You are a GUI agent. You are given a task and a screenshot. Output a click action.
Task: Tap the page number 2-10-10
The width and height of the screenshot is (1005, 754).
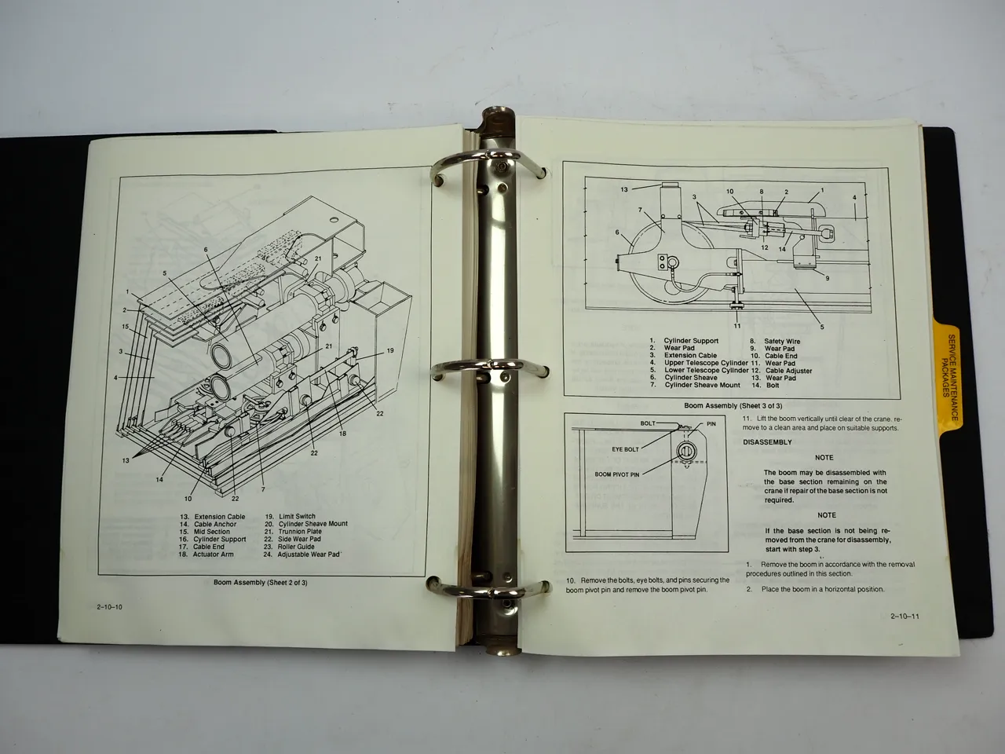tap(110, 608)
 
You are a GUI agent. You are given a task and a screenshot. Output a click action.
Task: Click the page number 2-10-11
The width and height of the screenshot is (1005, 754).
tap(904, 616)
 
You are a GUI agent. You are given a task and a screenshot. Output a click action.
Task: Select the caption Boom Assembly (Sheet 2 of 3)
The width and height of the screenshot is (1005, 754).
tap(261, 583)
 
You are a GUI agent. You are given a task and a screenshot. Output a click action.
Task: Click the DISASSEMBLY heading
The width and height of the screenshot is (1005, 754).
tap(767, 442)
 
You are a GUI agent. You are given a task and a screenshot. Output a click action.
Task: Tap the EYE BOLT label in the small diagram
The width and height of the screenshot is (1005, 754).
tap(626, 450)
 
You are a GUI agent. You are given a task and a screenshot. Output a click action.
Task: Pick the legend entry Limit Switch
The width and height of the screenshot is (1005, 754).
tap(297, 517)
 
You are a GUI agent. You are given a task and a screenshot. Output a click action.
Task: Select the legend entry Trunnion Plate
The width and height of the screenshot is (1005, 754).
tap(299, 532)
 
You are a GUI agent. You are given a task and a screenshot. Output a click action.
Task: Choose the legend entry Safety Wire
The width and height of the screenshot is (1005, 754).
tap(781, 342)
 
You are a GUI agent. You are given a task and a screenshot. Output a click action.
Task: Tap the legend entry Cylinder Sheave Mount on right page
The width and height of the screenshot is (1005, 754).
tap(702, 385)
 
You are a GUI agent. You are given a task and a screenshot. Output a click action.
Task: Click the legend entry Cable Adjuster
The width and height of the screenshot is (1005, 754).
tap(788, 371)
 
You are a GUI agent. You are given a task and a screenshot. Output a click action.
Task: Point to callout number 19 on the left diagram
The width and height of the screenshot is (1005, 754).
tap(389, 351)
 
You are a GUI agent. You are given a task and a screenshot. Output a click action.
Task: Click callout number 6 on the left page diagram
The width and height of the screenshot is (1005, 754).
tap(206, 250)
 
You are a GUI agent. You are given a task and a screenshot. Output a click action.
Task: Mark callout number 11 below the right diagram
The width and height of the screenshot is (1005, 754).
tap(737, 325)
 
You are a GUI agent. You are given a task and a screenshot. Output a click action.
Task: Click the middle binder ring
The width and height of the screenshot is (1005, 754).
tap(490, 365)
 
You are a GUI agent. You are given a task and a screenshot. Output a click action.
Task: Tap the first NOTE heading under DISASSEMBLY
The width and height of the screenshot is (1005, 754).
tap(824, 457)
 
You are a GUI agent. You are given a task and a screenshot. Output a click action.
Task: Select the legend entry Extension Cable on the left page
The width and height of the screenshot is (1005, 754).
tap(219, 517)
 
